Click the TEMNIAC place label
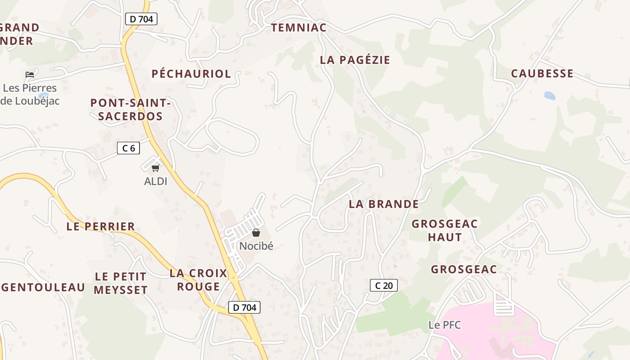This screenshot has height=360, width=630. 298,28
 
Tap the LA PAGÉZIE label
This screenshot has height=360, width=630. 355,60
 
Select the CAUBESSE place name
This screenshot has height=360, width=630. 542,73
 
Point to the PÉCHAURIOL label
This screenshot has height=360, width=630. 191,74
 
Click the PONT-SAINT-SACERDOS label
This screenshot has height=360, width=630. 130,109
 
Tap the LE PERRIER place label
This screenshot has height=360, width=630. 100,226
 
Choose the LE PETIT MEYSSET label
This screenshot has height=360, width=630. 120,283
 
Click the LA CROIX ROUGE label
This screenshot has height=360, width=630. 198,279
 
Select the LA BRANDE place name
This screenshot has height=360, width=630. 383,204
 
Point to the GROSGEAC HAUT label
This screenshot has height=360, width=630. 445,230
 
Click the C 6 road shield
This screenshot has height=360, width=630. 128,148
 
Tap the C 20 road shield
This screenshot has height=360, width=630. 383,285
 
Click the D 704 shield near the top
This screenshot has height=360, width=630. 141,19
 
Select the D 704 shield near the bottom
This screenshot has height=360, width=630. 244,307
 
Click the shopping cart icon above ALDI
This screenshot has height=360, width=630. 156,168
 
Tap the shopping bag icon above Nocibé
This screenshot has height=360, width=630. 256,233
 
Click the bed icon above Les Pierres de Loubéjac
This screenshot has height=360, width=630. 30,74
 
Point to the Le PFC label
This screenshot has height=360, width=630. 445,324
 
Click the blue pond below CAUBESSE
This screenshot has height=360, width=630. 549,95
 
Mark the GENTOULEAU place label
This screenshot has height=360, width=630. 43,287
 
